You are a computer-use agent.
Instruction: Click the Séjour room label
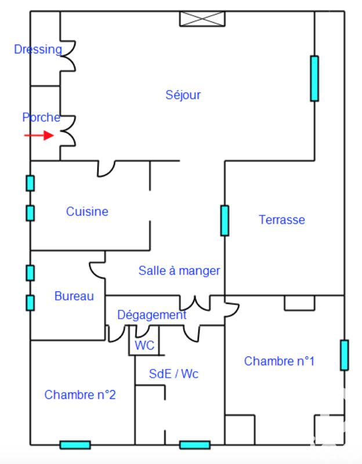click(183, 95)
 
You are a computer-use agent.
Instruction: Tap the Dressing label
click(38, 49)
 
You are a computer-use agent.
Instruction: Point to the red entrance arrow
click(39, 136)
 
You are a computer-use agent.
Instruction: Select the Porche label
click(41, 117)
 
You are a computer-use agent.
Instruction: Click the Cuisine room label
click(87, 211)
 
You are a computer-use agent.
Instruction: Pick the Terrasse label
click(282, 220)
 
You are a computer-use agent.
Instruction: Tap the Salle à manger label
click(179, 270)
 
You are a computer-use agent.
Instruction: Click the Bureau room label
click(74, 296)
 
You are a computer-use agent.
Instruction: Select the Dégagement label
click(152, 315)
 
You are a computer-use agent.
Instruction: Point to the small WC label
click(144, 345)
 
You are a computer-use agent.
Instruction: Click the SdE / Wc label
click(174, 374)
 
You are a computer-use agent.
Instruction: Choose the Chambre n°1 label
click(279, 361)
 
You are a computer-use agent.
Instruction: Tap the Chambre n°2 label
click(80, 395)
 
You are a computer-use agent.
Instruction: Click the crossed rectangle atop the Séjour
click(202, 19)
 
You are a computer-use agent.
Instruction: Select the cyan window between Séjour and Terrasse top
click(314, 78)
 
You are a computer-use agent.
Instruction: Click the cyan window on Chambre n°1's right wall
click(344, 355)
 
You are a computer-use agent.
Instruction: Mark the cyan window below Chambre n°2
click(75, 445)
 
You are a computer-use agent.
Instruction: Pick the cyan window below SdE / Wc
click(194, 445)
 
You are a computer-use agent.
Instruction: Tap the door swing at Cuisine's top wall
click(106, 168)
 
